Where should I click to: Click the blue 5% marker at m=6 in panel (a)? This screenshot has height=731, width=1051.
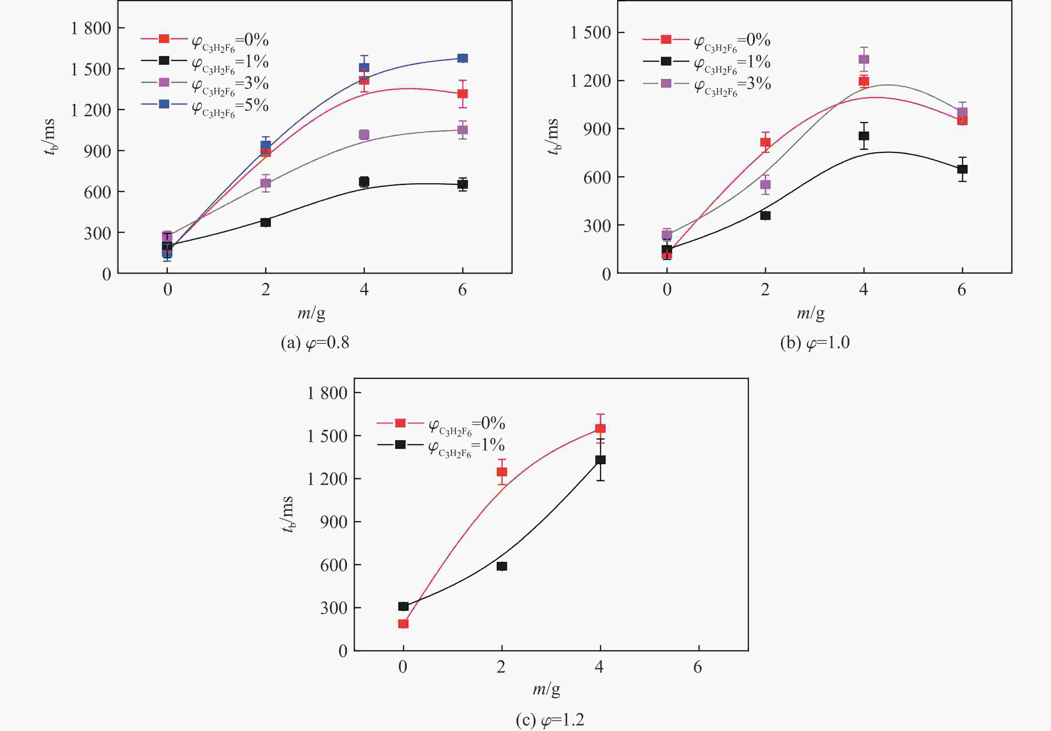point(462,58)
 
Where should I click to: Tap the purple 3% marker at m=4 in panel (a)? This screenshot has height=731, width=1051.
point(364,135)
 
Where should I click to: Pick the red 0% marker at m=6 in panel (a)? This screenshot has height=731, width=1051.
point(462,94)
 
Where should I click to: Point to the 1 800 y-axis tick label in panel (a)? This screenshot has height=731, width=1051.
point(91,28)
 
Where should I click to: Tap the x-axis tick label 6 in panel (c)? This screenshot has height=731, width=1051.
point(697,667)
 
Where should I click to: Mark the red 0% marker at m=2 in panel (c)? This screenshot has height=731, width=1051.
point(502,472)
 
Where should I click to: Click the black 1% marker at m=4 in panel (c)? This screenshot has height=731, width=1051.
point(600,460)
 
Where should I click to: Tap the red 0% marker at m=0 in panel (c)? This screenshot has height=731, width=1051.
point(403,623)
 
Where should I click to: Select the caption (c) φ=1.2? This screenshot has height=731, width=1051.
point(550,720)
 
